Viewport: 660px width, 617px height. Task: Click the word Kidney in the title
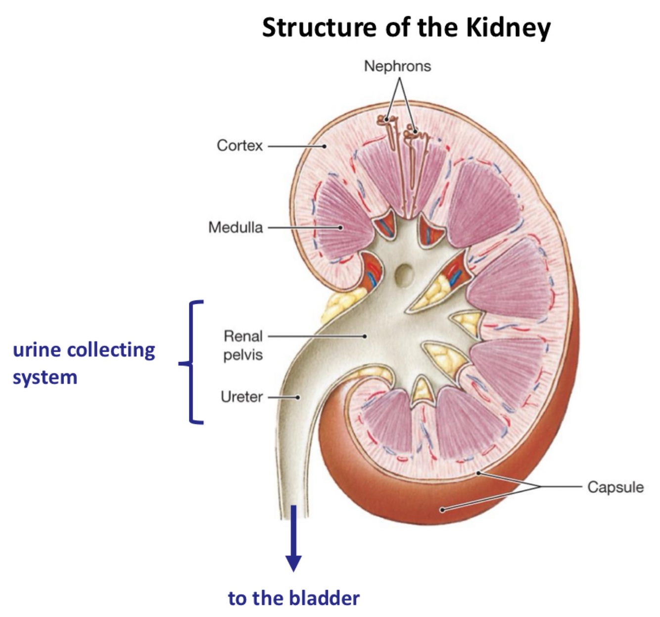point(508,28)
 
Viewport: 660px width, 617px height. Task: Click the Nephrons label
point(397,66)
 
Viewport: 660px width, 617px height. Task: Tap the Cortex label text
point(239,146)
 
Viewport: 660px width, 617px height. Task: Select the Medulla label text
point(236,227)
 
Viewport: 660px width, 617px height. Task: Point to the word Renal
point(243,336)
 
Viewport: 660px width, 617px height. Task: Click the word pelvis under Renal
point(243,355)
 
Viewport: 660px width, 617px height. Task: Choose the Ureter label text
point(241,397)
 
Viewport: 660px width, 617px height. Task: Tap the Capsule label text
point(615,487)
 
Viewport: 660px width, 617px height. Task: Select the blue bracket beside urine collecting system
point(192,362)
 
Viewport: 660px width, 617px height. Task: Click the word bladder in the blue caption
point(324,598)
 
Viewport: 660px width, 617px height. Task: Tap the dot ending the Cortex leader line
point(325,146)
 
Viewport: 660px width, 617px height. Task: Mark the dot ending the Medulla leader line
point(340,228)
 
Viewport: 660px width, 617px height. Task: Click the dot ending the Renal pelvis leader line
point(365,336)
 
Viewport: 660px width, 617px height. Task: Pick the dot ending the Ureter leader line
point(298,397)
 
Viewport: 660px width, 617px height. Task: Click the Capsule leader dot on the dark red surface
point(442,510)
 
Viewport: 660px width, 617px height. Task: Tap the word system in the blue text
point(45,377)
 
